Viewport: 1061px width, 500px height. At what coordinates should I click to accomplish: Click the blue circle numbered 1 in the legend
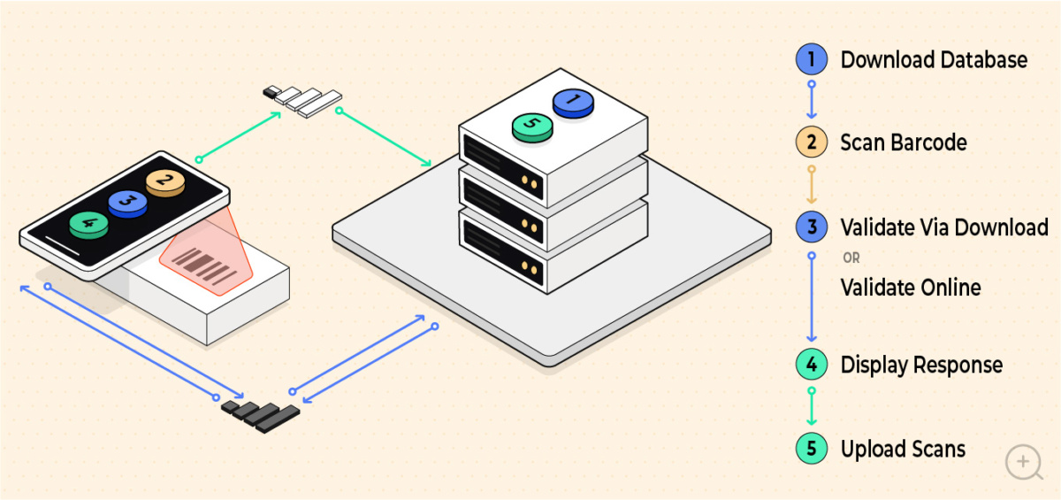[811, 60]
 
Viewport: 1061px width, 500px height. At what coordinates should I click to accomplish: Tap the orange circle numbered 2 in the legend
[811, 142]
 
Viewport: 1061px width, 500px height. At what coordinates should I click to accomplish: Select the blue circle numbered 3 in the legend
[811, 227]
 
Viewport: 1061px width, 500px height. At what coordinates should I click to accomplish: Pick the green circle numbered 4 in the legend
[811, 365]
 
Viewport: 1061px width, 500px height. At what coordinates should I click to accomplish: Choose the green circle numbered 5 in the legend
[811, 449]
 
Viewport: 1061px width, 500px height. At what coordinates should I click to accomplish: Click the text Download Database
[934, 60]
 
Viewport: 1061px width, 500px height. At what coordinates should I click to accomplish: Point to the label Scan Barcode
[903, 142]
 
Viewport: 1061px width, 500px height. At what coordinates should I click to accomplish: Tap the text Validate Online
[910, 288]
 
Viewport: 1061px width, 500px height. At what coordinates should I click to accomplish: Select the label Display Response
[921, 365]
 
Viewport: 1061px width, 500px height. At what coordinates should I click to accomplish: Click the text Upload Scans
[902, 449]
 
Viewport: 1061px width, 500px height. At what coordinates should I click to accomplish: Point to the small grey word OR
[851, 258]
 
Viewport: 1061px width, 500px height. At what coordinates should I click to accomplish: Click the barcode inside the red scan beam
[204, 265]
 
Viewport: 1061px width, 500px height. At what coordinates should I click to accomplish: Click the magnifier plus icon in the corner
[1024, 462]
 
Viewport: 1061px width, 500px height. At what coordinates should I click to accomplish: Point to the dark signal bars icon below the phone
[260, 413]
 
